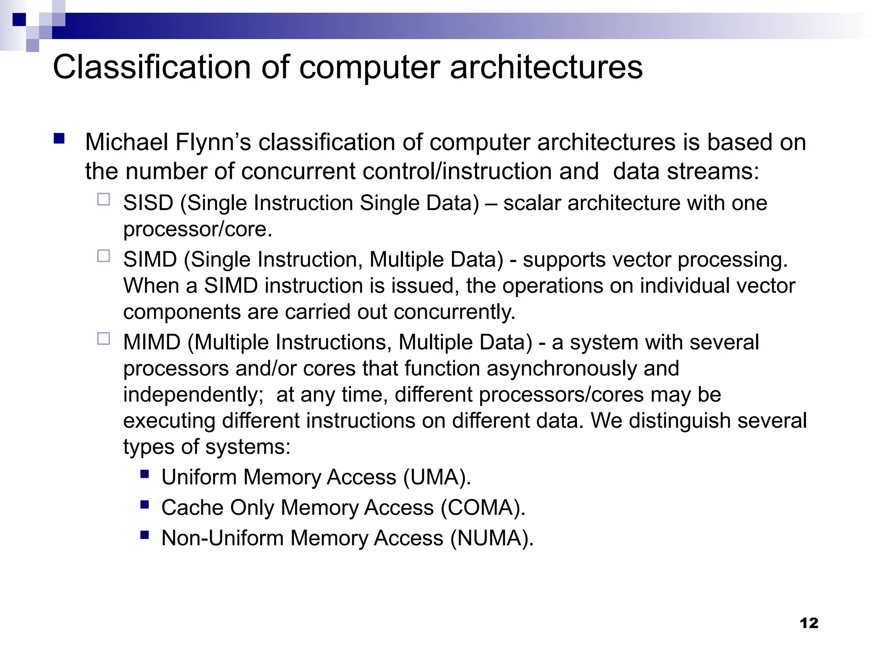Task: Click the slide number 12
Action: point(808,623)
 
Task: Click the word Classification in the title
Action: point(151,67)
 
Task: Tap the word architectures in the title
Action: point(546,67)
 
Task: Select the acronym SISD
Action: point(148,203)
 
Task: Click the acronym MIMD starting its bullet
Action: point(152,342)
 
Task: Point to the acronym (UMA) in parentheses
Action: point(437,477)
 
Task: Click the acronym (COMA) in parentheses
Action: point(482,508)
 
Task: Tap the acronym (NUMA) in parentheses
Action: point(491,538)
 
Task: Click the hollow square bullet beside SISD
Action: point(103,199)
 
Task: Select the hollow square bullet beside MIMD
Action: point(103,338)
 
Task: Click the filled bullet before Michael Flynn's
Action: point(59,139)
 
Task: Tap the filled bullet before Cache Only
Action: point(145,504)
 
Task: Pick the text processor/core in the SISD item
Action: point(197,230)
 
